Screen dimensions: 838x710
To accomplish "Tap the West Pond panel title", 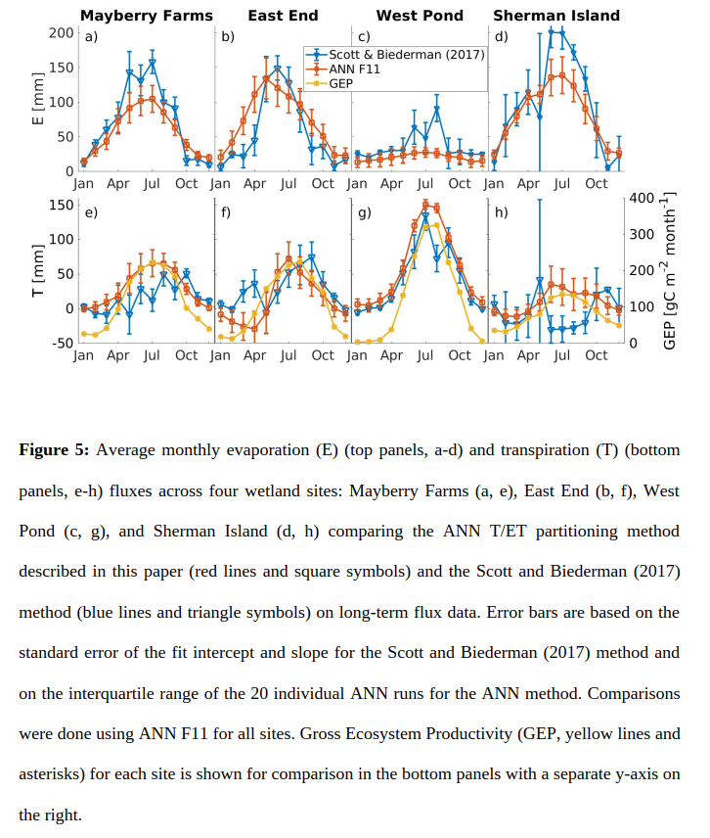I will click(x=419, y=15).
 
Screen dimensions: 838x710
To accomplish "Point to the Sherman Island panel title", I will click(x=555, y=15).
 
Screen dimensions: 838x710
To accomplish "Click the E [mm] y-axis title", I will click(x=39, y=102).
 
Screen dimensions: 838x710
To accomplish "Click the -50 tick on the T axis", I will click(x=62, y=343).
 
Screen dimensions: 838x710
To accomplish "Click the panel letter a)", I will click(x=91, y=37).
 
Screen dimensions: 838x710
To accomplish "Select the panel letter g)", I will click(x=365, y=212).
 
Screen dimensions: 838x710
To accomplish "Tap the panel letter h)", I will click(x=502, y=212).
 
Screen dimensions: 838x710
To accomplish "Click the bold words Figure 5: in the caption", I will click(x=55, y=449).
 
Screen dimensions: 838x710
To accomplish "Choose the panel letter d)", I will click(x=502, y=37).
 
